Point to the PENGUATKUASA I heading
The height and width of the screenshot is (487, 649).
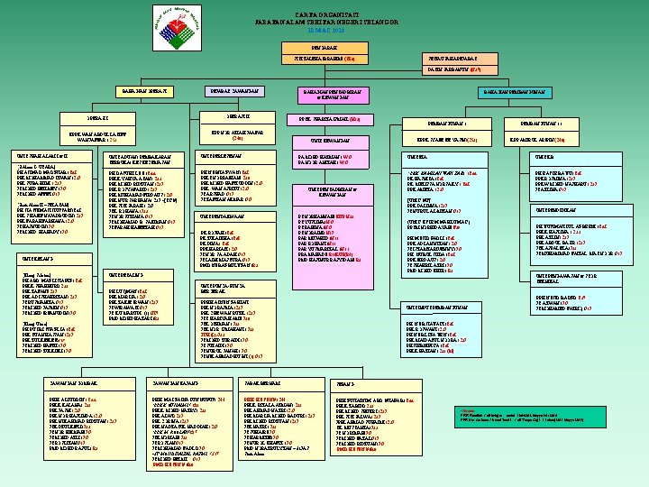(445, 124)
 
